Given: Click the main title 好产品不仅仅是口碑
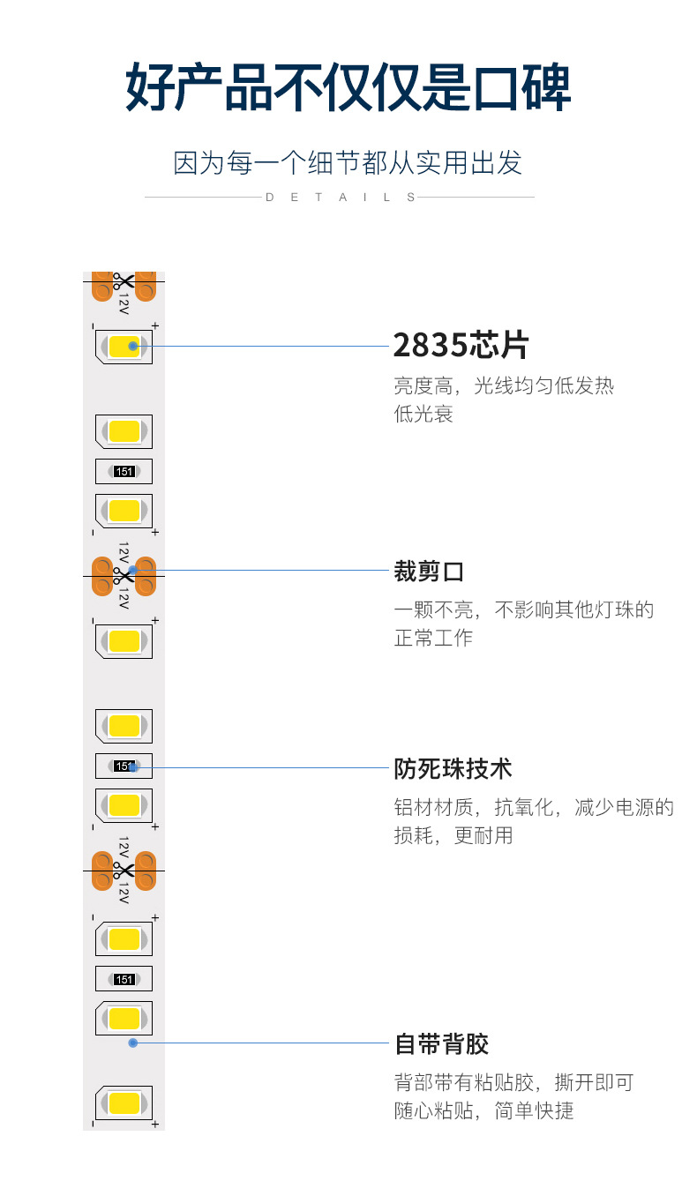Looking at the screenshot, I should point(348,87).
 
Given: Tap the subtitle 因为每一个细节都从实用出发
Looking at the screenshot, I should point(348,163).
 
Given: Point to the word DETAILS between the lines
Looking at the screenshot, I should point(341,198).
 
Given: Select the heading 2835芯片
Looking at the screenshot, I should point(460,346).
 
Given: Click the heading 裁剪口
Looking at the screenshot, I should point(429,572).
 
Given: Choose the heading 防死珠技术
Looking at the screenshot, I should point(453,768).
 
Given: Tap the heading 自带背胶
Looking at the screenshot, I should point(441,1044).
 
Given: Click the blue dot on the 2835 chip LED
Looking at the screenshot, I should point(132,346).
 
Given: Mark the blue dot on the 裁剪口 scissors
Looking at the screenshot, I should point(132,570).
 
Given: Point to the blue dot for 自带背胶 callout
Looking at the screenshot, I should point(132,1043).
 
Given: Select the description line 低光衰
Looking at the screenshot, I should point(423,414).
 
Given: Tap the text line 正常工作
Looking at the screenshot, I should point(433,638).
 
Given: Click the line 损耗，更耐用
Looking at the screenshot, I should point(453,835).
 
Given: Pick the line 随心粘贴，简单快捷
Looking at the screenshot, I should point(483,1110).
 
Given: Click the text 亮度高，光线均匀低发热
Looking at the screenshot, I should point(504,385).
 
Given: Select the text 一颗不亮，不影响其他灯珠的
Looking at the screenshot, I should point(524,609).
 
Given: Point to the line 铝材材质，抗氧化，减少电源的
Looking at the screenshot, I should point(534,807).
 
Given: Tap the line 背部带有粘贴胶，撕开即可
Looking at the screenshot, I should point(513,1082).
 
